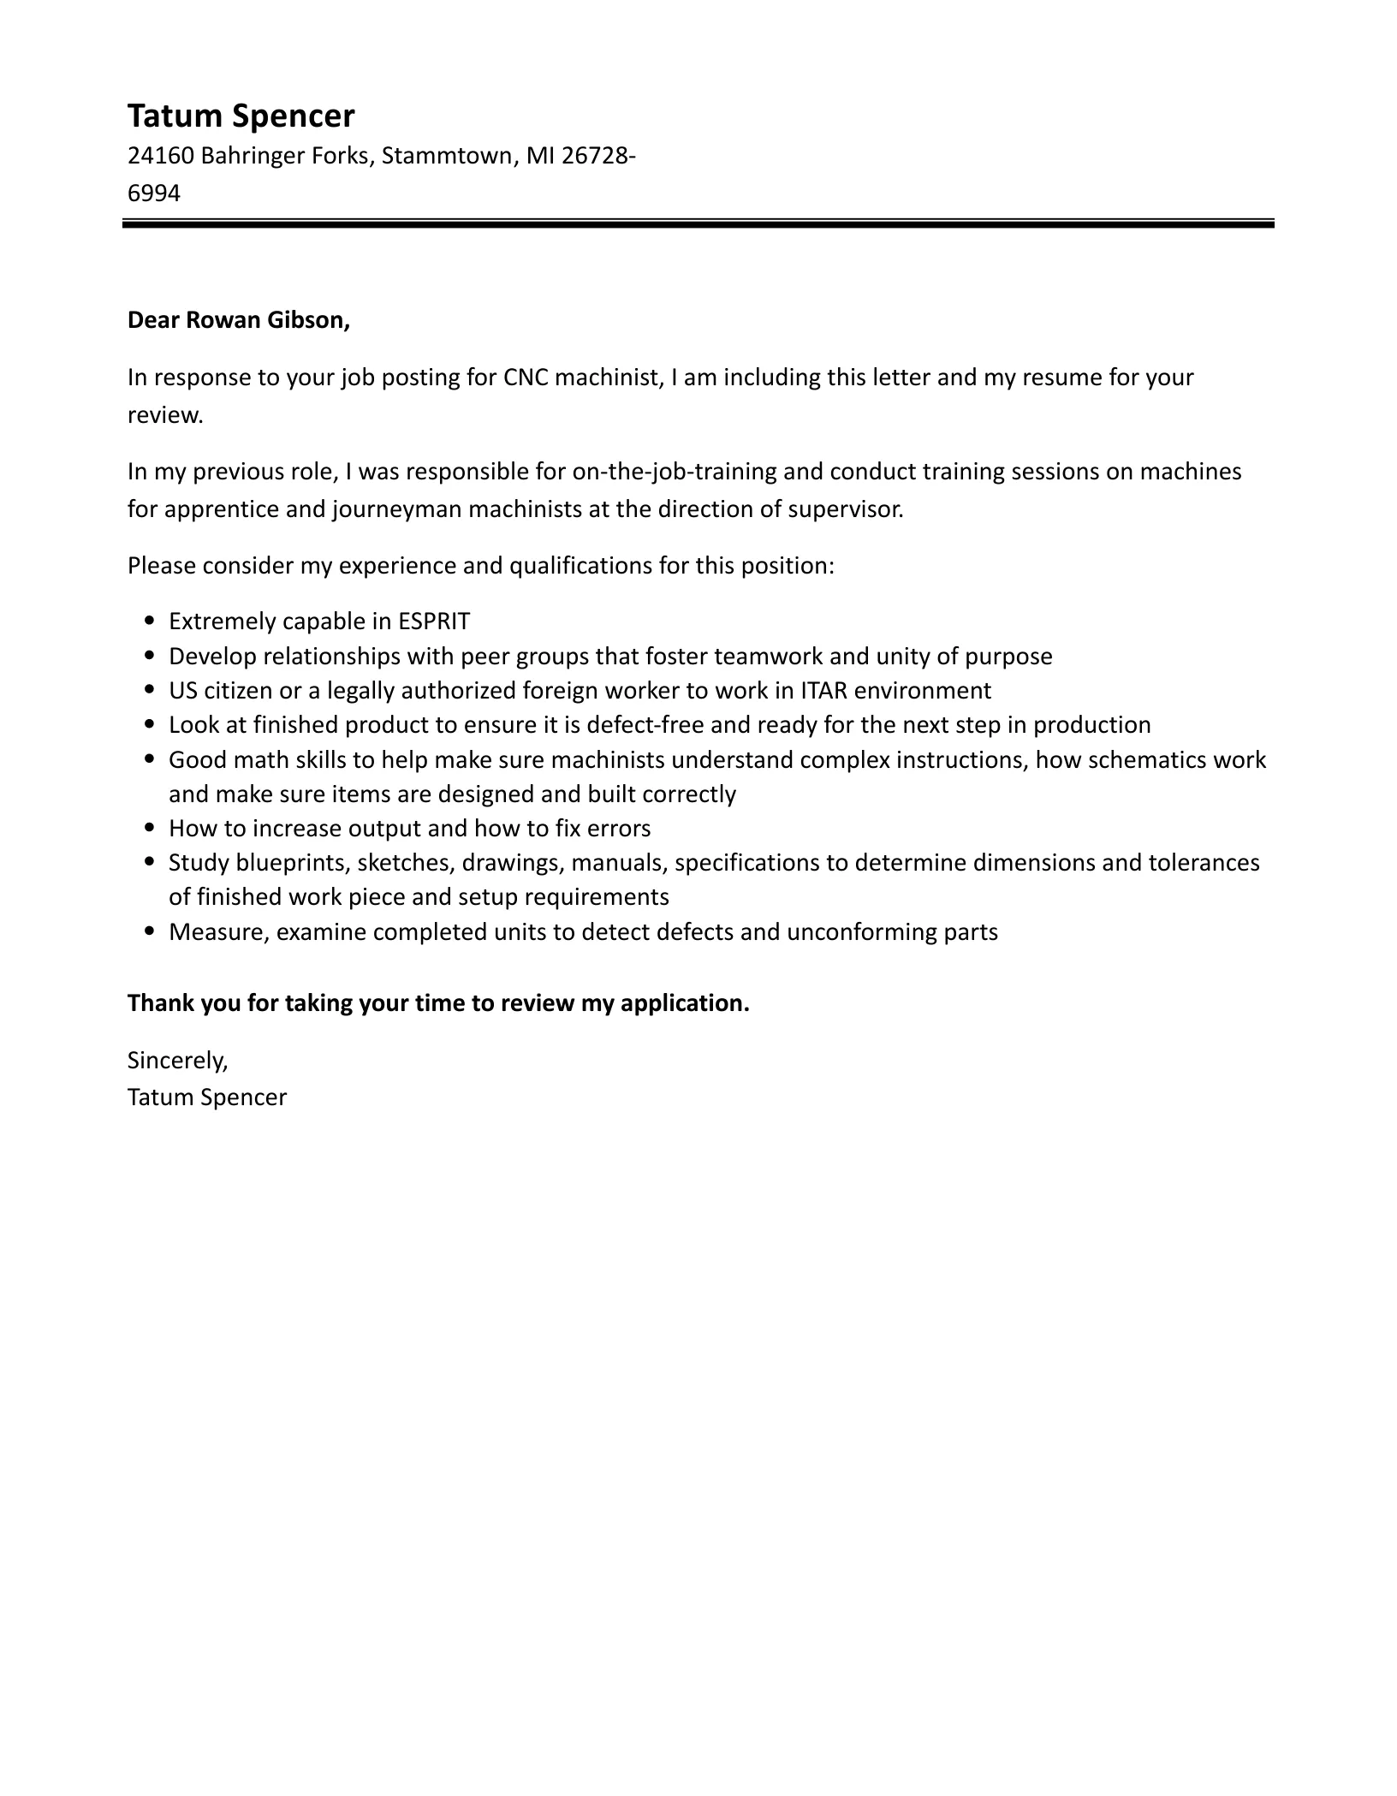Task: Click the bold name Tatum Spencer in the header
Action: pos(241,116)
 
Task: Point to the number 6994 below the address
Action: pos(154,193)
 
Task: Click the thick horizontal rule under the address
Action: pos(698,224)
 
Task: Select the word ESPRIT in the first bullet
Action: pos(434,621)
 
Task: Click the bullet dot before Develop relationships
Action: pos(151,657)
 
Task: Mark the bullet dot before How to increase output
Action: pos(151,829)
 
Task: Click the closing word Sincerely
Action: pos(177,1061)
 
